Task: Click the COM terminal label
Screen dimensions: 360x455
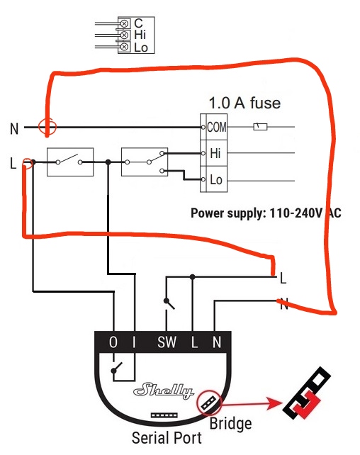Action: (x=217, y=127)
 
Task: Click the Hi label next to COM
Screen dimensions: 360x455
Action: (x=215, y=153)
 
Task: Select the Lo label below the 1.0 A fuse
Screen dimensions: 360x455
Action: (x=216, y=179)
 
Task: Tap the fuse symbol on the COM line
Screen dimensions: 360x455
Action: (x=260, y=127)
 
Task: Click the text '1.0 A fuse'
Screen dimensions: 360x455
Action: (x=244, y=103)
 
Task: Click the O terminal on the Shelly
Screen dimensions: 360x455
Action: (x=113, y=342)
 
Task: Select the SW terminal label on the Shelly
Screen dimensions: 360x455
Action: (x=167, y=342)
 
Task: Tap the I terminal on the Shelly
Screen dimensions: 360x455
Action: (x=134, y=342)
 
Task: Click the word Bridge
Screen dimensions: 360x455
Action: (x=230, y=424)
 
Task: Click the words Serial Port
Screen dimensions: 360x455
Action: (x=167, y=437)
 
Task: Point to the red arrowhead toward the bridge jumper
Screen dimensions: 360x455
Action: (x=275, y=403)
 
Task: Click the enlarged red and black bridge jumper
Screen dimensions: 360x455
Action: (x=307, y=393)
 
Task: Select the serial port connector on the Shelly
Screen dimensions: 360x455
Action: (x=164, y=415)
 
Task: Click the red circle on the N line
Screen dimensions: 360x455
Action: (x=47, y=127)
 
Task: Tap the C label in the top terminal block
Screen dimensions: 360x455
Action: (x=138, y=23)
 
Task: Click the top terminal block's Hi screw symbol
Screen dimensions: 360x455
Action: (x=124, y=35)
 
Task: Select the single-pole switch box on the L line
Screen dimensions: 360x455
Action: (x=70, y=162)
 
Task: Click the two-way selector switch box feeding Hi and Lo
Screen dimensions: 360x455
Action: (x=145, y=162)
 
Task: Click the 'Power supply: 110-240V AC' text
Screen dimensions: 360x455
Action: (x=266, y=213)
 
